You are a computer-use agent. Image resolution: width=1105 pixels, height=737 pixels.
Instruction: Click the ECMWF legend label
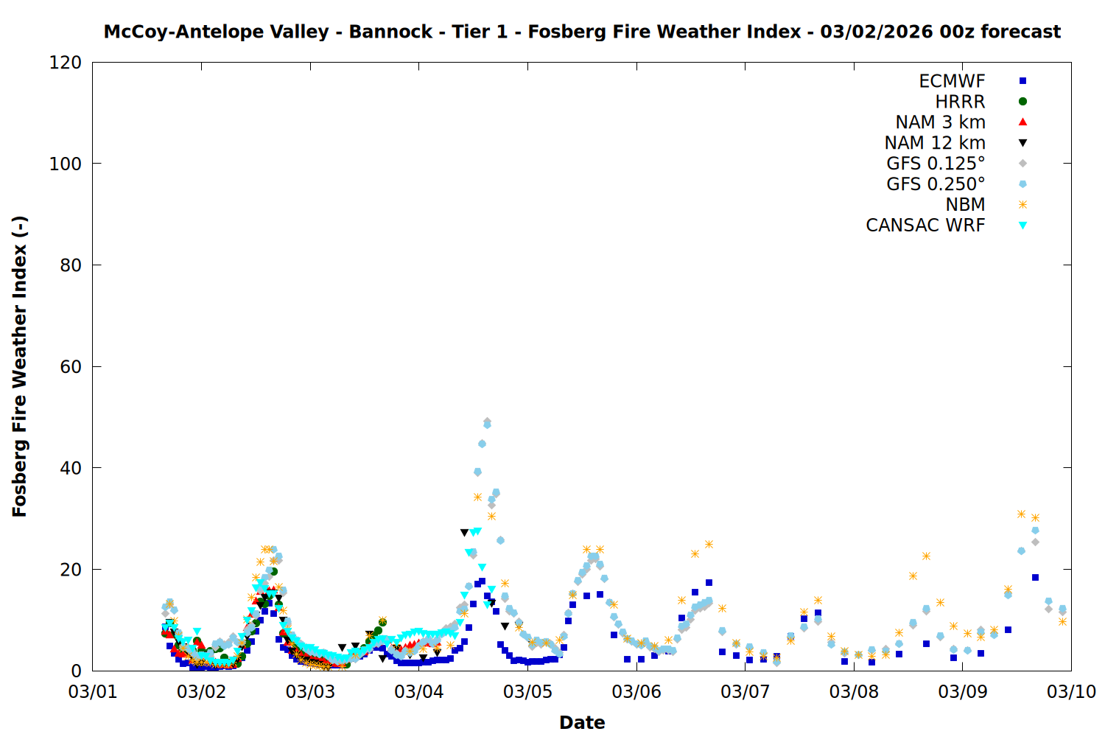coord(952,81)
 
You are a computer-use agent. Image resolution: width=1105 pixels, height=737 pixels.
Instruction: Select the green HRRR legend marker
coord(1022,102)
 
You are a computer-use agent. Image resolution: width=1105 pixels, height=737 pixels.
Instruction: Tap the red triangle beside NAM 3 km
coord(1022,122)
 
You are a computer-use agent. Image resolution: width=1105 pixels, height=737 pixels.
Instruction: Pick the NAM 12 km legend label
coord(935,143)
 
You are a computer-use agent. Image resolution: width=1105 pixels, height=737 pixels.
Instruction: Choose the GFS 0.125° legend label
coord(936,164)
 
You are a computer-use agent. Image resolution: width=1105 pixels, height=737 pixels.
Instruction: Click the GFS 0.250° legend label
coord(936,184)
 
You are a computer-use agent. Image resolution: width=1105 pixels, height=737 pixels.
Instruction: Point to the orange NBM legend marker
coord(1022,205)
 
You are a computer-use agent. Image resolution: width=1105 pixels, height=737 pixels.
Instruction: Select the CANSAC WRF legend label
coord(925,226)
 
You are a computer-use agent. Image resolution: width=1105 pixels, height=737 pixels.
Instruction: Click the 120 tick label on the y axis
coord(66,63)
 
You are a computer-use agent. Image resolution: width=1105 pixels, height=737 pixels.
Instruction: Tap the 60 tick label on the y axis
coord(71,366)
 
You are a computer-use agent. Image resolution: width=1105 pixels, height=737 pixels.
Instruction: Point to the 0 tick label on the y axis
coord(77,671)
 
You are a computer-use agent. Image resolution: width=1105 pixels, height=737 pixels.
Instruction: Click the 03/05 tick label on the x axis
coord(527,691)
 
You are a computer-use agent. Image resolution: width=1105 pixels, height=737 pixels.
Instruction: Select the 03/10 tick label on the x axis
coord(1071,691)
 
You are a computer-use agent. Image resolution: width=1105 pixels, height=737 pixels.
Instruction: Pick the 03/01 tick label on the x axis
coord(93,691)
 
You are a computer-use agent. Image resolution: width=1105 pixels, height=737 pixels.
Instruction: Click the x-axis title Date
coord(582,722)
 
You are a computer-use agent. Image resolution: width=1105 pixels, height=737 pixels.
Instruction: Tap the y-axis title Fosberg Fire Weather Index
coord(20,366)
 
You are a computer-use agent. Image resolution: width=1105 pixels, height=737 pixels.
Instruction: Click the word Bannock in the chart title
coord(390,32)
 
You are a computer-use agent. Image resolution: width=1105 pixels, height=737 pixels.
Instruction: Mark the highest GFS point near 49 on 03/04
coord(487,423)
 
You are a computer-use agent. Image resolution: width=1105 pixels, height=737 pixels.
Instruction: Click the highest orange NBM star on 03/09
coord(1021,514)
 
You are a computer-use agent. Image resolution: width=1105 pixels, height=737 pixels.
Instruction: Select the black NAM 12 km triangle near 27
coord(464,532)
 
